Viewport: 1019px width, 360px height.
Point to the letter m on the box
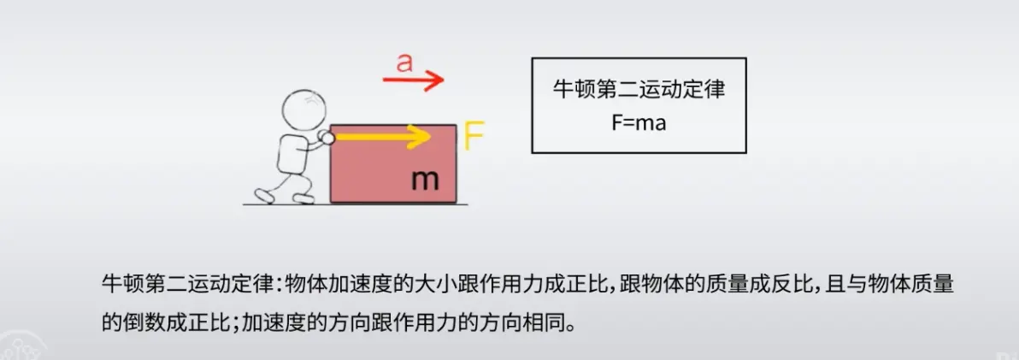pyautogui.click(x=425, y=180)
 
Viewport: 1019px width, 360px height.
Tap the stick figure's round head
pyautogui.click(x=303, y=109)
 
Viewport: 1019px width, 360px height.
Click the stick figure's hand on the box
pyautogui.click(x=326, y=137)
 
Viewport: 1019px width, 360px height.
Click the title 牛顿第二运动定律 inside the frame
pyautogui.click(x=639, y=90)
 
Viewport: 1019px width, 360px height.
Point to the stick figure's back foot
pyautogui.click(x=264, y=196)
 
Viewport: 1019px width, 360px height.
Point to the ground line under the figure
pyautogui.click(x=282, y=204)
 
